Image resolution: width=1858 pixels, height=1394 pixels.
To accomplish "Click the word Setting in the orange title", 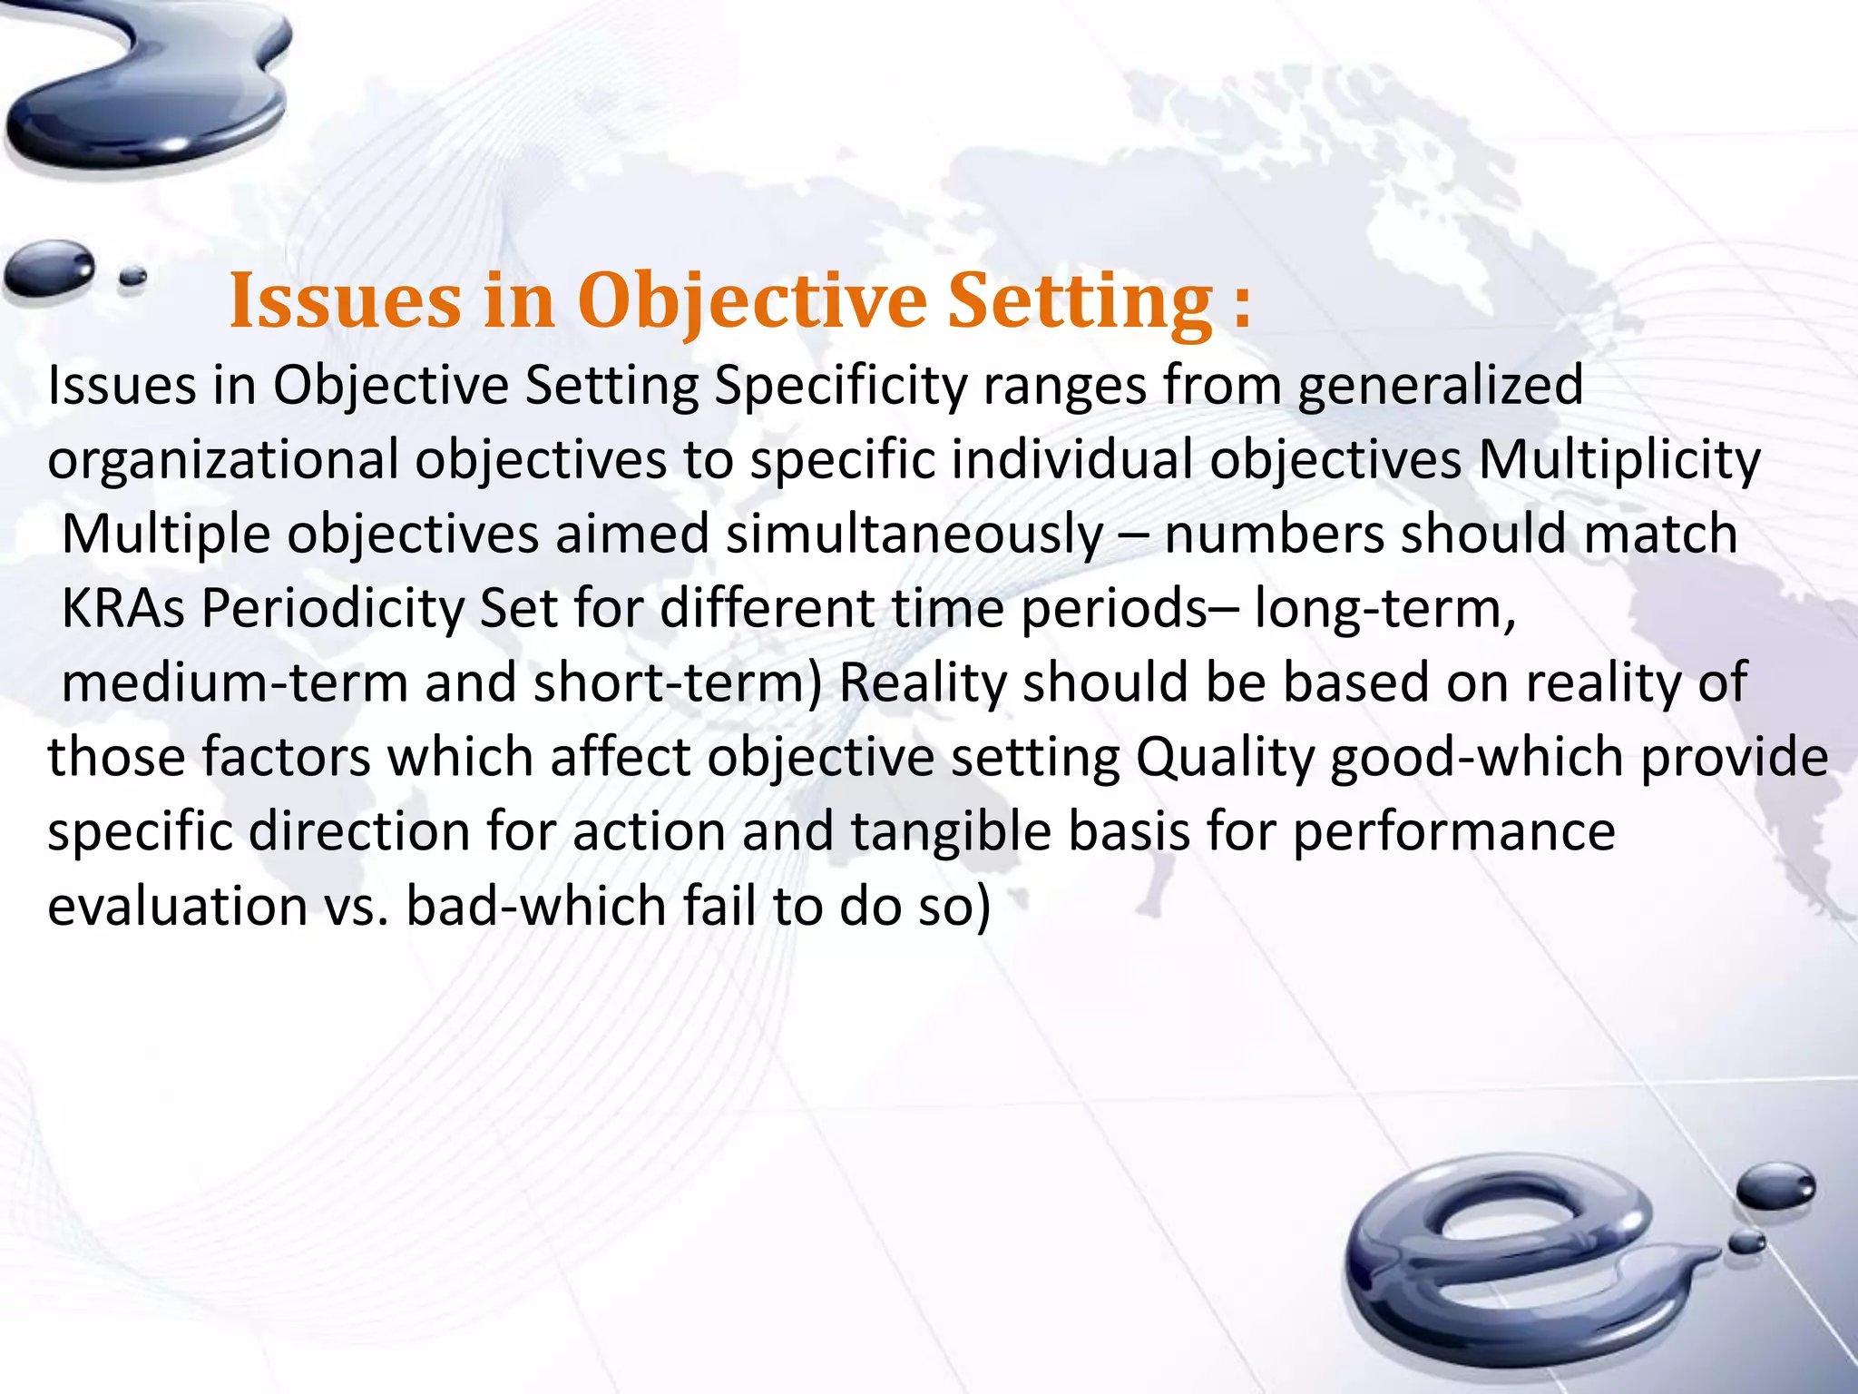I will (1080, 302).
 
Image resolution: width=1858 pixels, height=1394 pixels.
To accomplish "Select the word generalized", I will (1440, 386).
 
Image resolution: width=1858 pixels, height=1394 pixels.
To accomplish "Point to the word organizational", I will (223, 460).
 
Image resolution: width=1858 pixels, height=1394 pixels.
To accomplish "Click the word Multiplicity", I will (1619, 460).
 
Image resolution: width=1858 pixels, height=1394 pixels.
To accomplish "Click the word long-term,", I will (1384, 609).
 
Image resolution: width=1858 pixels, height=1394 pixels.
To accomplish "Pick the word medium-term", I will (235, 683).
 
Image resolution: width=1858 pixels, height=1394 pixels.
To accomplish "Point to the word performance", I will (1453, 832).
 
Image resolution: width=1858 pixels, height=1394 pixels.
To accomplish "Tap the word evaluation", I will (178, 907).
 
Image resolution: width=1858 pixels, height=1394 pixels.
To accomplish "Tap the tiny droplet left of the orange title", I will (132, 277).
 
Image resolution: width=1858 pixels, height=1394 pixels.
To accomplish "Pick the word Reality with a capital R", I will (923, 683).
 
